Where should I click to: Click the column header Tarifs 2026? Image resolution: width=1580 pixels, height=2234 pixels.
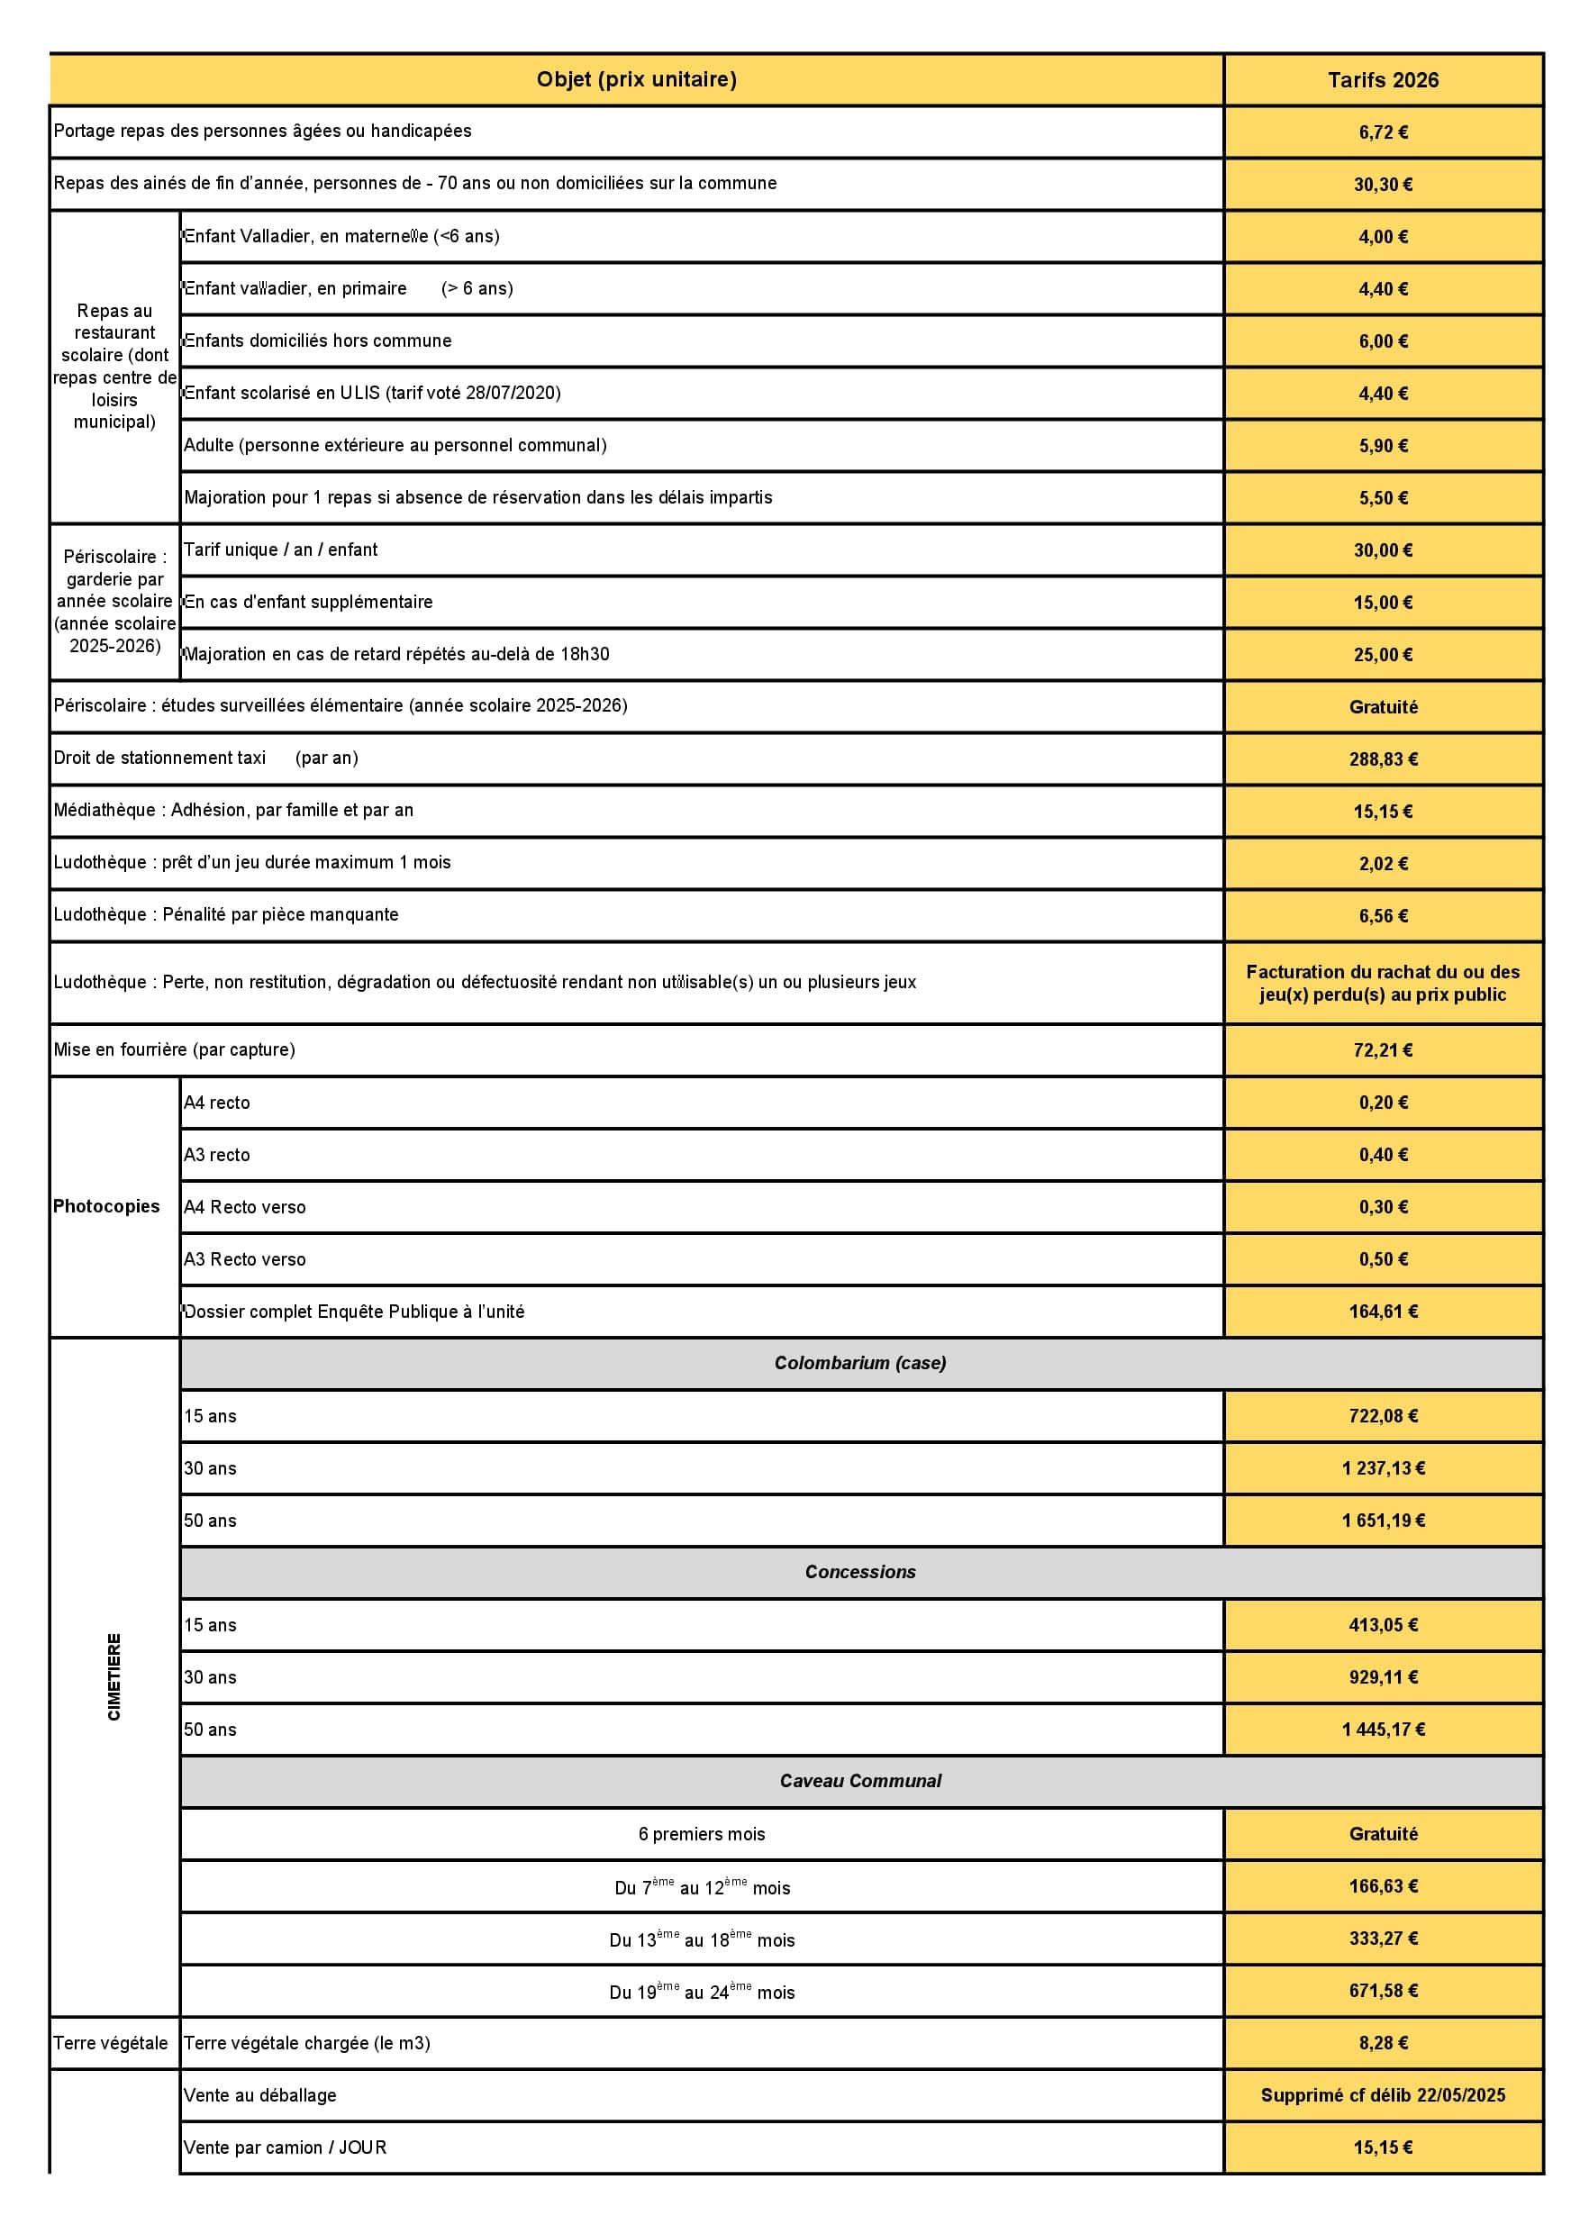[x=1383, y=81]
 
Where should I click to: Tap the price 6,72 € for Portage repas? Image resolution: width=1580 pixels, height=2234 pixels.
[x=1383, y=132]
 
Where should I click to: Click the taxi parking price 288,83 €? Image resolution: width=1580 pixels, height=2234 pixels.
[x=1383, y=759]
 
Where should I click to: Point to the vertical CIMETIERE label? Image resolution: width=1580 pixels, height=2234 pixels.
[x=114, y=1676]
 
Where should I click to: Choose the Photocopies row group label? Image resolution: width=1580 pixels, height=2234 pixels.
[x=106, y=1206]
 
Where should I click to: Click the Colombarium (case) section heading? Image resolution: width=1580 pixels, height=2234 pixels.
[x=860, y=1363]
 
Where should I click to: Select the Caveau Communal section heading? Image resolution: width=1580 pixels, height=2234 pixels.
[x=860, y=1781]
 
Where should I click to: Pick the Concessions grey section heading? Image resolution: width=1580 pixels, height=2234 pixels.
[x=860, y=1571]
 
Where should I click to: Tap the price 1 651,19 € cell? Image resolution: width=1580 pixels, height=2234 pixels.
[x=1383, y=1521]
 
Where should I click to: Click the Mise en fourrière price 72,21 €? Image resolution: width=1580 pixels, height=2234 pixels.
[x=1383, y=1049]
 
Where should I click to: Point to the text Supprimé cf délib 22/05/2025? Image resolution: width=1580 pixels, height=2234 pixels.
[x=1383, y=2095]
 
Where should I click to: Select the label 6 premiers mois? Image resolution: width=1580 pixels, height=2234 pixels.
[x=702, y=1834]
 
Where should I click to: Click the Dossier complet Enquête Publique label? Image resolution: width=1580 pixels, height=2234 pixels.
[x=354, y=1312]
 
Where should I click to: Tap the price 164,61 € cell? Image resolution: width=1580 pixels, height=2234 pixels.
[x=1383, y=1312]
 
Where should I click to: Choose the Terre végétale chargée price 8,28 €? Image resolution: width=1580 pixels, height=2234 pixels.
[x=1383, y=2042]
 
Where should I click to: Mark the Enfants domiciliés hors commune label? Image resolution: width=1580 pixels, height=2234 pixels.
[x=318, y=341]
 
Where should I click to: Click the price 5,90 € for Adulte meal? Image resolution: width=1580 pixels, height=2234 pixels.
[x=1383, y=446]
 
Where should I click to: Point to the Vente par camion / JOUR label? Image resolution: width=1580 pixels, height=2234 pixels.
[x=285, y=2148]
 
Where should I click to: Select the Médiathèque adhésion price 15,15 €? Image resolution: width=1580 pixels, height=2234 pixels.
[x=1383, y=812]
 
